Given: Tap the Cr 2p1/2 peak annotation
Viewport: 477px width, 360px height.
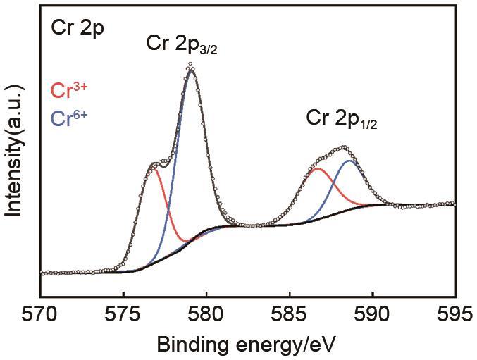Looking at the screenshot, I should click(341, 118).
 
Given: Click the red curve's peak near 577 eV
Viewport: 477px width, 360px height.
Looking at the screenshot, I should click(154, 169).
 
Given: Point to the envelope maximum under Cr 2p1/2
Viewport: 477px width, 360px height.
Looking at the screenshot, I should click(343, 148).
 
